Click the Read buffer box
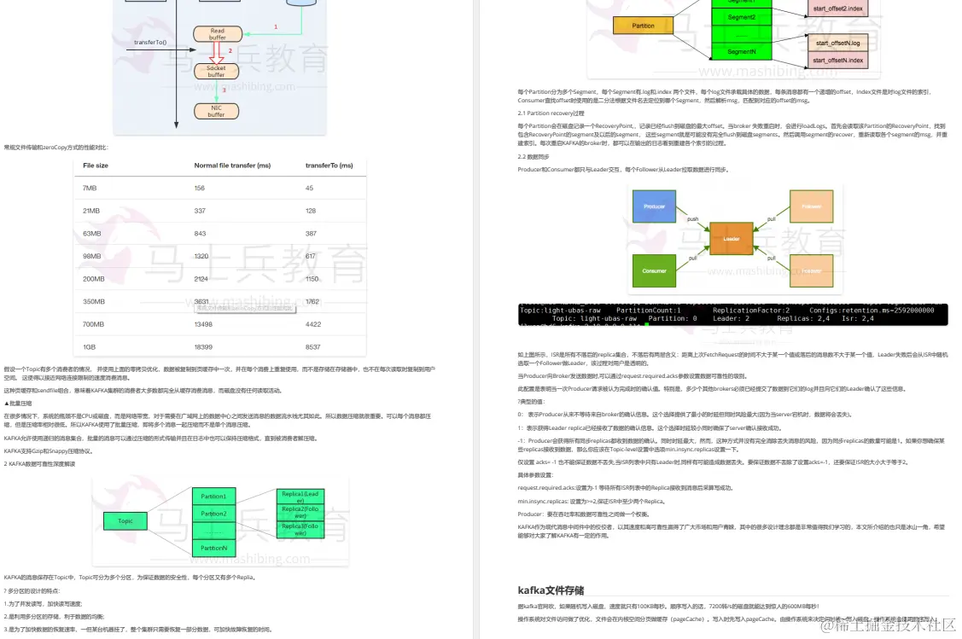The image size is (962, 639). (217, 34)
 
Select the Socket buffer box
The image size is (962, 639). (217, 72)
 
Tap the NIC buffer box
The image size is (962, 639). (217, 111)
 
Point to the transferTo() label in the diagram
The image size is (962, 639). (150, 42)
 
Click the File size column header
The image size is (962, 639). (96, 166)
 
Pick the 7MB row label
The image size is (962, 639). (90, 188)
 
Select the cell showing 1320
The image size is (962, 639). (201, 256)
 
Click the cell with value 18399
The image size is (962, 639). (203, 346)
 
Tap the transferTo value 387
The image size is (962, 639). (311, 233)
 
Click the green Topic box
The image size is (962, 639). (125, 520)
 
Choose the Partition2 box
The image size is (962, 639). (213, 514)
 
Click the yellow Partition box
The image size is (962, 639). (644, 26)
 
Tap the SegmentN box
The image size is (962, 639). (741, 52)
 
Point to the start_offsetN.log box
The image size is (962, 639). (837, 43)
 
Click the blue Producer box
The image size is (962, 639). (655, 206)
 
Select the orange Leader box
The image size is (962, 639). (731, 239)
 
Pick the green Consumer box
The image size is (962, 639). (655, 270)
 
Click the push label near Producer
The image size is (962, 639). (693, 218)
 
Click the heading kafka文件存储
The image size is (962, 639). (551, 590)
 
